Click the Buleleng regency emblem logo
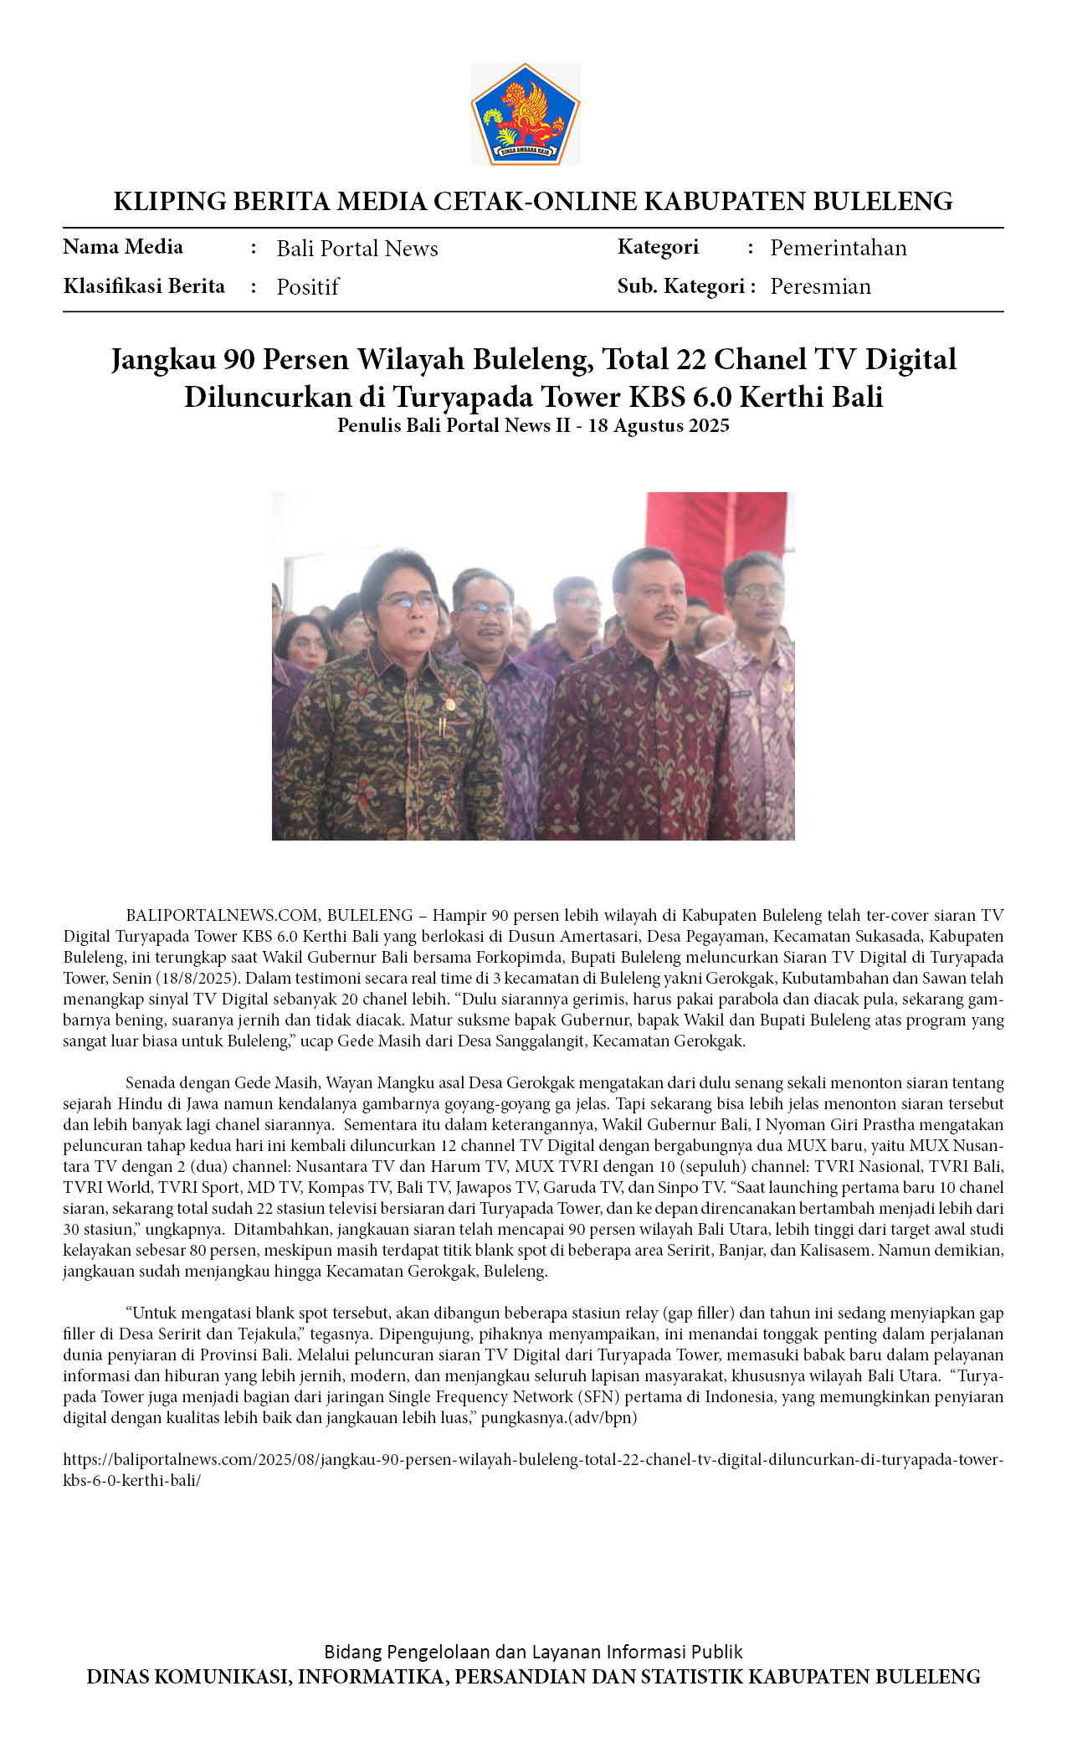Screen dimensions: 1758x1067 tap(525, 114)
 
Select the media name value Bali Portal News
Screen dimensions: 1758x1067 tap(357, 249)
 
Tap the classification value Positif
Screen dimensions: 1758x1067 tap(307, 287)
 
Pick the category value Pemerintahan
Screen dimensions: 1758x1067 tap(838, 249)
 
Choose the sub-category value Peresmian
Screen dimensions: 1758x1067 tap(820, 287)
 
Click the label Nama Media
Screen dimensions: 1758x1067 tap(123, 247)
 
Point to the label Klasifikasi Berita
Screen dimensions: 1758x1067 tap(144, 286)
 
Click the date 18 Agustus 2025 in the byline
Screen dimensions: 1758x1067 tap(659, 426)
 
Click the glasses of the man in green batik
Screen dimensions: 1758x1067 tap(408, 600)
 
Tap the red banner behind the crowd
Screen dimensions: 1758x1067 tap(716, 527)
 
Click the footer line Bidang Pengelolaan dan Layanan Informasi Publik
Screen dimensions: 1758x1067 tap(533, 1652)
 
